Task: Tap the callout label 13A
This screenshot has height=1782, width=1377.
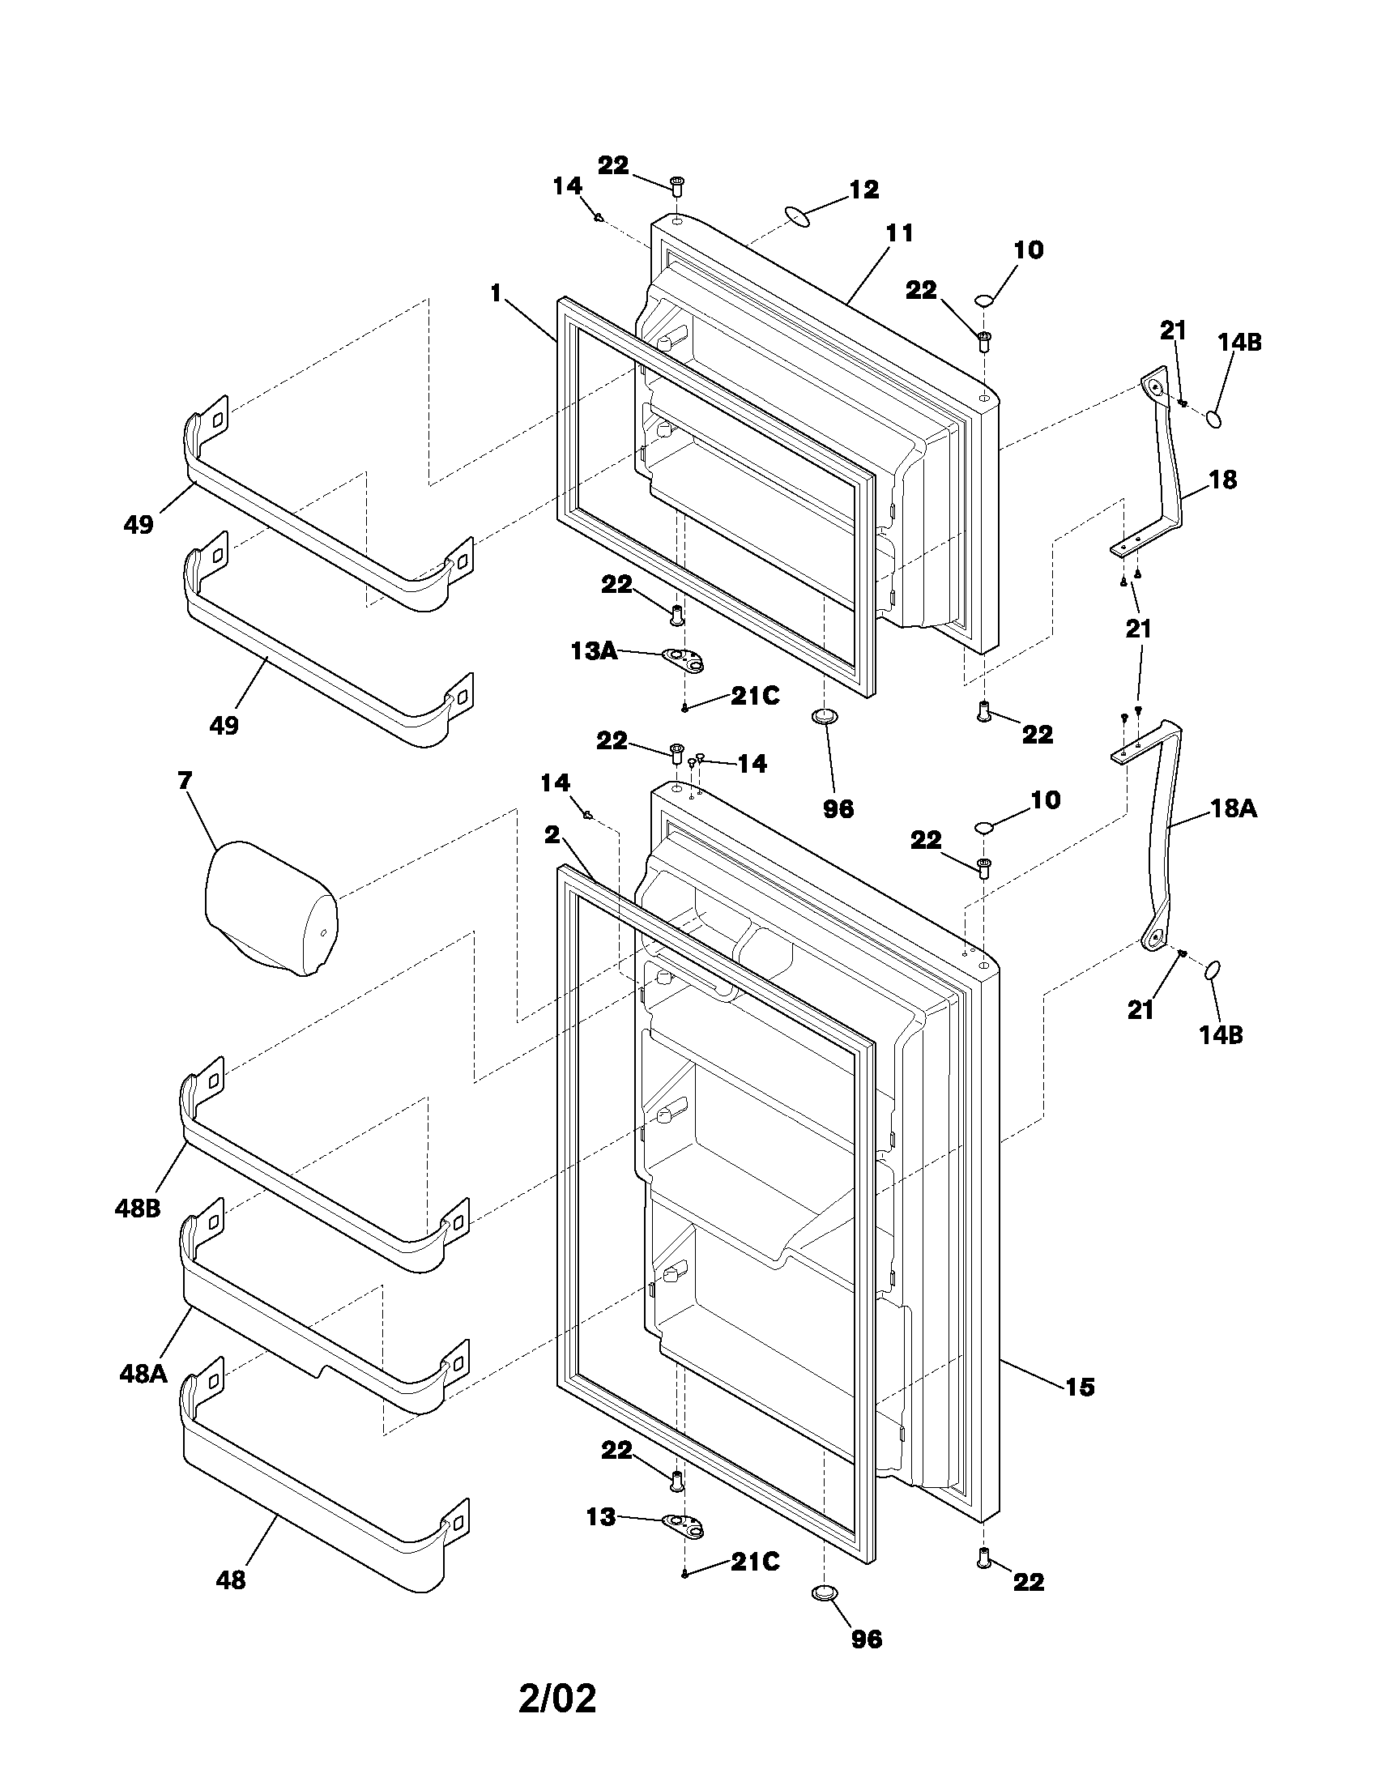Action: (593, 650)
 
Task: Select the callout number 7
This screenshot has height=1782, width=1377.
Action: (185, 781)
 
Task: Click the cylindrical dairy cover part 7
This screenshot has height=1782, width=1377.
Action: (268, 908)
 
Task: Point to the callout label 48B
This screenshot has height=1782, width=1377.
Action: (138, 1209)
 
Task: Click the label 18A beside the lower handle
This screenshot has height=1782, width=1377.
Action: (1233, 808)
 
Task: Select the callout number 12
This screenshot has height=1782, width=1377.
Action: (864, 190)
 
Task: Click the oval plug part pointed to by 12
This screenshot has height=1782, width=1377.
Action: (798, 217)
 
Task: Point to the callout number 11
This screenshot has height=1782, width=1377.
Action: (899, 233)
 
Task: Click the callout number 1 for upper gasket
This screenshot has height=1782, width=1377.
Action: (495, 294)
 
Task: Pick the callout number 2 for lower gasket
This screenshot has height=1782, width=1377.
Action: (552, 834)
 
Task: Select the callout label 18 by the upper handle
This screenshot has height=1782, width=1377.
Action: (1222, 480)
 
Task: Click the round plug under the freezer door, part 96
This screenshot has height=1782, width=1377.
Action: (825, 716)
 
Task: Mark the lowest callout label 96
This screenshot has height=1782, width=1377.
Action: (867, 1639)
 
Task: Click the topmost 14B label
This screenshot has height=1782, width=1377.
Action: (1239, 343)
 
